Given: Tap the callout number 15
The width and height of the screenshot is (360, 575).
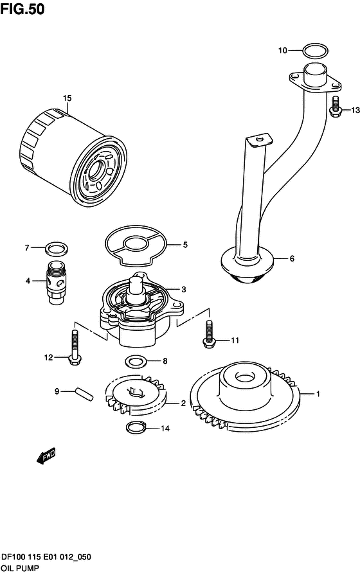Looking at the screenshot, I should [67, 98].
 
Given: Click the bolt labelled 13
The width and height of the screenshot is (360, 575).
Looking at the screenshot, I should [336, 106].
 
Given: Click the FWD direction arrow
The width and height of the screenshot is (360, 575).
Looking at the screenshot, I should [47, 457].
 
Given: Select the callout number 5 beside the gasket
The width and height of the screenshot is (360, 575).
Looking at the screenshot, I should [184, 244].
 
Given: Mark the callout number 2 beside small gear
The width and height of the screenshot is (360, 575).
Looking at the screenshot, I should [183, 403].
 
